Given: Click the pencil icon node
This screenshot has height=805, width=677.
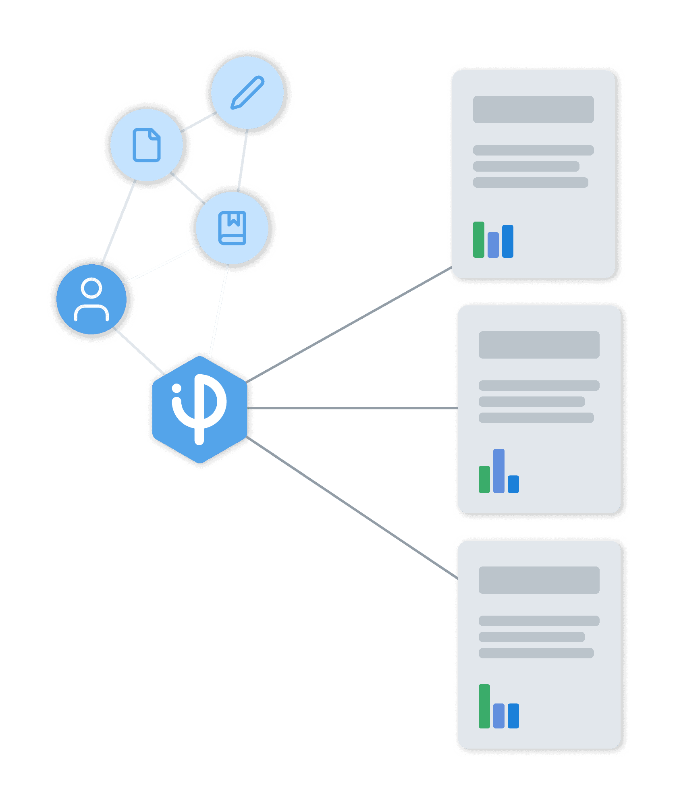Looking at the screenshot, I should pos(247,92).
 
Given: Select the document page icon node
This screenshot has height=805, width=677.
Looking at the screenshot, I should pos(147,145).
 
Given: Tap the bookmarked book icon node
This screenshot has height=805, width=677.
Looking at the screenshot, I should pos(232,228).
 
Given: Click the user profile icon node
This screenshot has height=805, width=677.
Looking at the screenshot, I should pos(91,299).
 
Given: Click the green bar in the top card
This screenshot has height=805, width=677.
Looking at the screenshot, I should pos(479,240).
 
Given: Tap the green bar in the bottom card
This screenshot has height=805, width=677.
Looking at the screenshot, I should pos(484,706).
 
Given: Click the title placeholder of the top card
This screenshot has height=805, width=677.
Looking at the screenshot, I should pos(533,110).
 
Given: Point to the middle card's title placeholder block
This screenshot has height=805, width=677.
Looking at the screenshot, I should pos(539,345).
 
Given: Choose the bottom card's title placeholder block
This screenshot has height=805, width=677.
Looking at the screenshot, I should pos(539,580).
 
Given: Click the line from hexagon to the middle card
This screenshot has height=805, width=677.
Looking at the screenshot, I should pos(353,409).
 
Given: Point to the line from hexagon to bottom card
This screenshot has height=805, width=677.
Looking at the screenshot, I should pos(353,508).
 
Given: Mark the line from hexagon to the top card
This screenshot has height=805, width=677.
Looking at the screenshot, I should pos(349,324).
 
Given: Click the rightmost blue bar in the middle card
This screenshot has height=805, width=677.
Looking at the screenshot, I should pos(513,484).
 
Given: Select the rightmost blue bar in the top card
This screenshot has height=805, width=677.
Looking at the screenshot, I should pos(508,241).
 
